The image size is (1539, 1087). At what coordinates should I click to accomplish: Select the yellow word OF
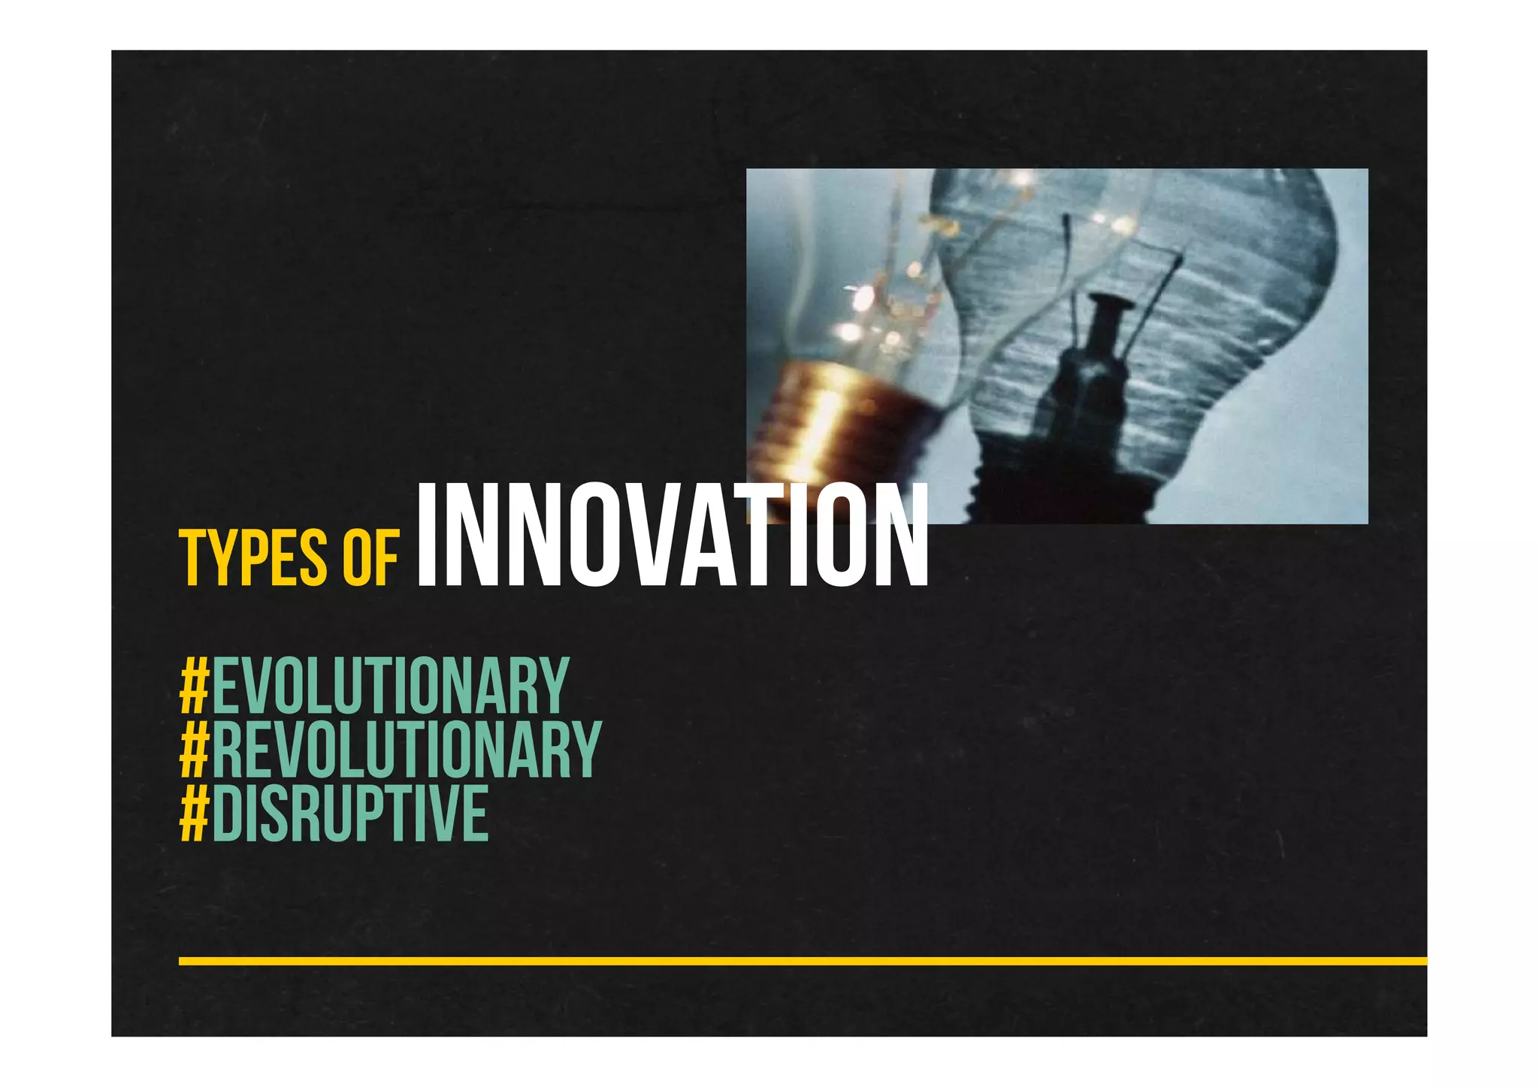coord(370,558)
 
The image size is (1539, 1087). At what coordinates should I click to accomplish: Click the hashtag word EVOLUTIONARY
coord(391,685)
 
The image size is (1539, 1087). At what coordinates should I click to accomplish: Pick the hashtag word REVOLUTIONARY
coord(407,749)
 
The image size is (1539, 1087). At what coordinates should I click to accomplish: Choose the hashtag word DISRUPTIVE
coord(350,813)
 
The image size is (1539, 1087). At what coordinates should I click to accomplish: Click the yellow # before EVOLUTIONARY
coord(195,685)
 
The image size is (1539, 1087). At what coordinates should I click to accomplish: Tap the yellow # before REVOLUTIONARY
coord(195,749)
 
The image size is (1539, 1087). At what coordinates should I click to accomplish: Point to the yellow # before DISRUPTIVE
coord(195,813)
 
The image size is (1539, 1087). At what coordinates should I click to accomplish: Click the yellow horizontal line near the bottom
coord(803,961)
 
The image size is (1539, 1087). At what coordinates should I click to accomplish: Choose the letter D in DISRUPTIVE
coord(228,813)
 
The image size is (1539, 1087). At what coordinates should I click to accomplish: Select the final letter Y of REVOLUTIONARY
coord(586,749)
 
